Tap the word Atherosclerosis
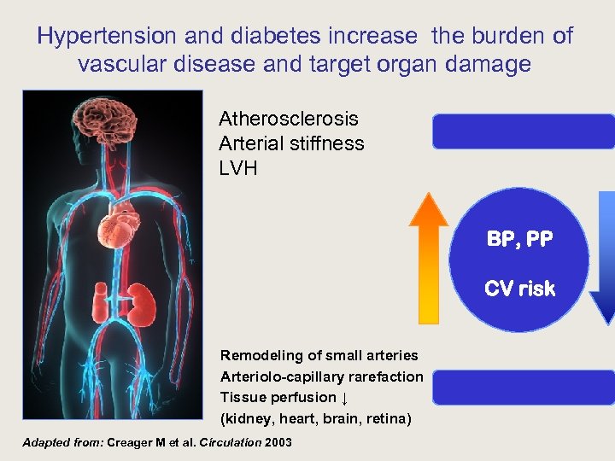pos(288,119)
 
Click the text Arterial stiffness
pos(291,143)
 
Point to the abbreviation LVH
pos(238,168)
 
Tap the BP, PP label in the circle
pos(519,239)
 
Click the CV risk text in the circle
pos(519,289)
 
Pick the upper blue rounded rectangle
pos(523,131)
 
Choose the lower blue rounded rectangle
pos(523,388)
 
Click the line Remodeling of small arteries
pos(319,355)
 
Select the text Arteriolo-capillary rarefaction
pos(321,376)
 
